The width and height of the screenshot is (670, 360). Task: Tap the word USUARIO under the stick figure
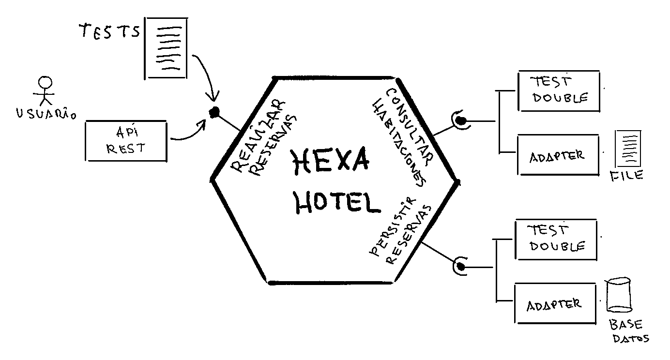click(x=46, y=115)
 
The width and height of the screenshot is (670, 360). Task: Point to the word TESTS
click(x=109, y=32)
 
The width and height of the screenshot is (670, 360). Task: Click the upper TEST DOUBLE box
click(x=559, y=91)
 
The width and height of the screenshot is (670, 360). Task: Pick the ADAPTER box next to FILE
click(x=557, y=155)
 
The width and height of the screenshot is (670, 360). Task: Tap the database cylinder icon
click(x=619, y=295)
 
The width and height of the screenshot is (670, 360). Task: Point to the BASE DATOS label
click(x=628, y=331)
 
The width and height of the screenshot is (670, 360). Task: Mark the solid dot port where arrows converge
click(x=213, y=112)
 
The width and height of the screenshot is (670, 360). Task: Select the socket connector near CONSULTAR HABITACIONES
click(x=459, y=120)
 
